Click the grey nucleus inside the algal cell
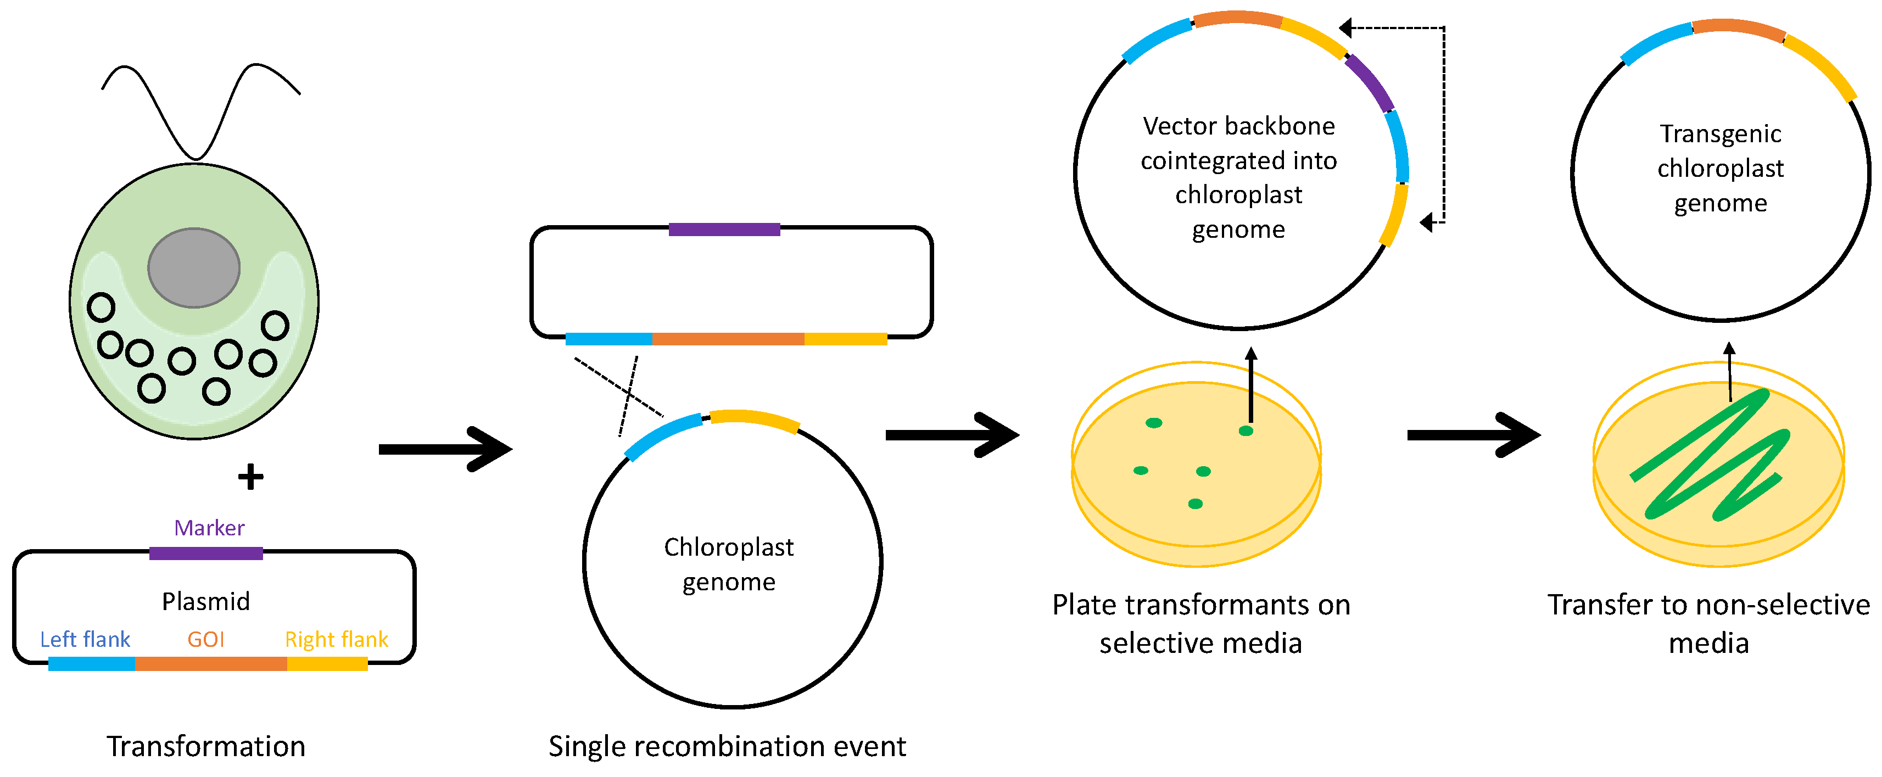pyautogui.click(x=194, y=267)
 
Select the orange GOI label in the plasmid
pyautogui.click(x=205, y=639)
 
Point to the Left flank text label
pyautogui.click(x=85, y=639)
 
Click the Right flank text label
pyautogui.click(x=336, y=639)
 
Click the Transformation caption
pyautogui.click(x=205, y=746)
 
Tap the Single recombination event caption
pyautogui.click(x=727, y=746)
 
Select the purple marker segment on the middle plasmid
pyautogui.click(x=724, y=230)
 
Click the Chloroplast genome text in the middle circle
pyautogui.click(x=728, y=564)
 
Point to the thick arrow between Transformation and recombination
pyautogui.click(x=446, y=449)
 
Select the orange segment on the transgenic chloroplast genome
pyautogui.click(x=1739, y=28)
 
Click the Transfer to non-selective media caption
pyautogui.click(x=1708, y=623)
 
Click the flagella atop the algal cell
pyautogui.click(x=196, y=109)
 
